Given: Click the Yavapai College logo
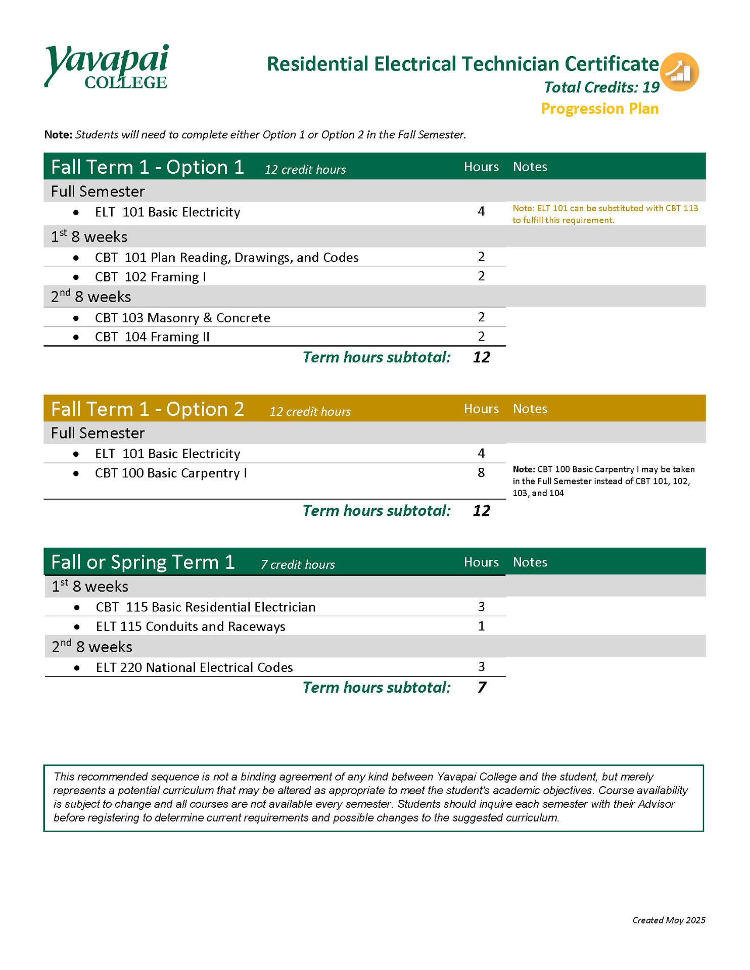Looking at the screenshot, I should [x=106, y=67].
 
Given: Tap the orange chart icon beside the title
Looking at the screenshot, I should [x=679, y=72].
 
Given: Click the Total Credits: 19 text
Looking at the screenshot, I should [x=601, y=87].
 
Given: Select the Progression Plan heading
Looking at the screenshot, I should [x=599, y=109].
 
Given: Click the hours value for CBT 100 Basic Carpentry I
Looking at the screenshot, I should [x=481, y=473].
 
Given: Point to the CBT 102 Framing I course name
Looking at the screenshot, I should [x=150, y=277].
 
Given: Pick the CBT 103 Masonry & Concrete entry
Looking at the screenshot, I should [x=182, y=318].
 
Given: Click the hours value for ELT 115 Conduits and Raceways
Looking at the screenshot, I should [x=481, y=626].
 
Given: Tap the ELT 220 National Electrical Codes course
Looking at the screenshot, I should [x=194, y=667].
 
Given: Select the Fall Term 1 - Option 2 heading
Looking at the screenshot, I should [x=148, y=409].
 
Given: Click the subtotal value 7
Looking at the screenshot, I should [x=481, y=688].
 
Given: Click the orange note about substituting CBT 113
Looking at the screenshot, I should [x=605, y=214].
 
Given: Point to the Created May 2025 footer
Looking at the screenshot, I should [x=668, y=920].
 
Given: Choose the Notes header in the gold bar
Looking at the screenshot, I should [x=530, y=409].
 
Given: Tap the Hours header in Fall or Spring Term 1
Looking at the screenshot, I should [x=481, y=562].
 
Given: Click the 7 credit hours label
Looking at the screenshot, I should [x=298, y=565].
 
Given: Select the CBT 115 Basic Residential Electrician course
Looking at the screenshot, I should [x=205, y=607].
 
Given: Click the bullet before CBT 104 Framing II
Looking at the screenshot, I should [x=76, y=337].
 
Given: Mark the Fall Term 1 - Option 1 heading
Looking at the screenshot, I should [x=148, y=167].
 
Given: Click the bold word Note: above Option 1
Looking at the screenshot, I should [x=58, y=134].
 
